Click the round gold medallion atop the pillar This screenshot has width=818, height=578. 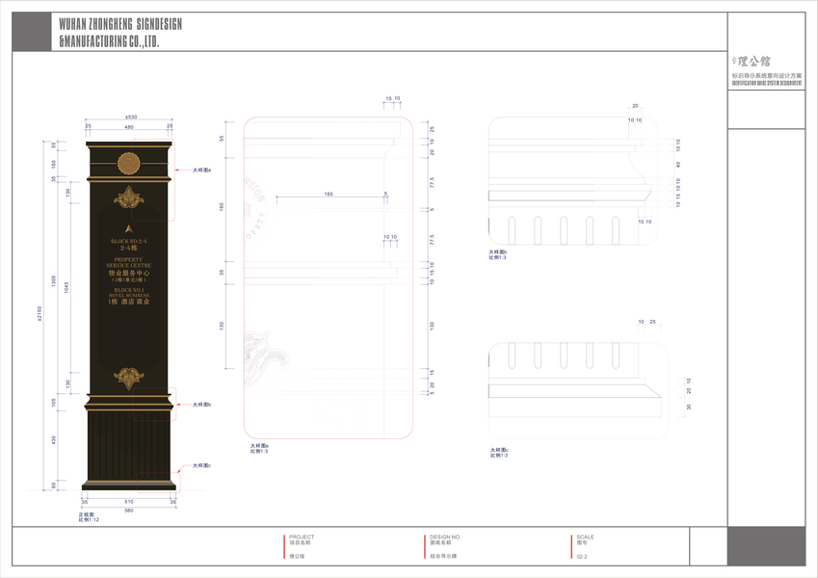[x=129, y=162]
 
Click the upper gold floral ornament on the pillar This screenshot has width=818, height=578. [x=129, y=199]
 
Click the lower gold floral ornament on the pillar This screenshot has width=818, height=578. [x=129, y=376]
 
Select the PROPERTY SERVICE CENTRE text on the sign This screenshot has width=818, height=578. [x=129, y=263]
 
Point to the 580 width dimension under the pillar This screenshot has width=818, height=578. [x=129, y=511]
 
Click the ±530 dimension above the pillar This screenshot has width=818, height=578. [x=130, y=118]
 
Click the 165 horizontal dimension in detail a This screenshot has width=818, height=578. [x=328, y=195]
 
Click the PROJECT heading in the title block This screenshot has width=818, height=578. [x=302, y=537]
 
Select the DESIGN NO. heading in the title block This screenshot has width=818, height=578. [x=445, y=537]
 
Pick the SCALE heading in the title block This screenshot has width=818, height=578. [x=585, y=537]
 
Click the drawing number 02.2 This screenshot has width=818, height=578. [x=582, y=556]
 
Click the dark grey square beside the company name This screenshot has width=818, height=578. [x=31, y=33]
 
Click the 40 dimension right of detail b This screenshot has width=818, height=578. [x=678, y=164]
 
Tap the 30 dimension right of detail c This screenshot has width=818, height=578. [x=689, y=407]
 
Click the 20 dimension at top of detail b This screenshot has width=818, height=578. [x=635, y=105]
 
